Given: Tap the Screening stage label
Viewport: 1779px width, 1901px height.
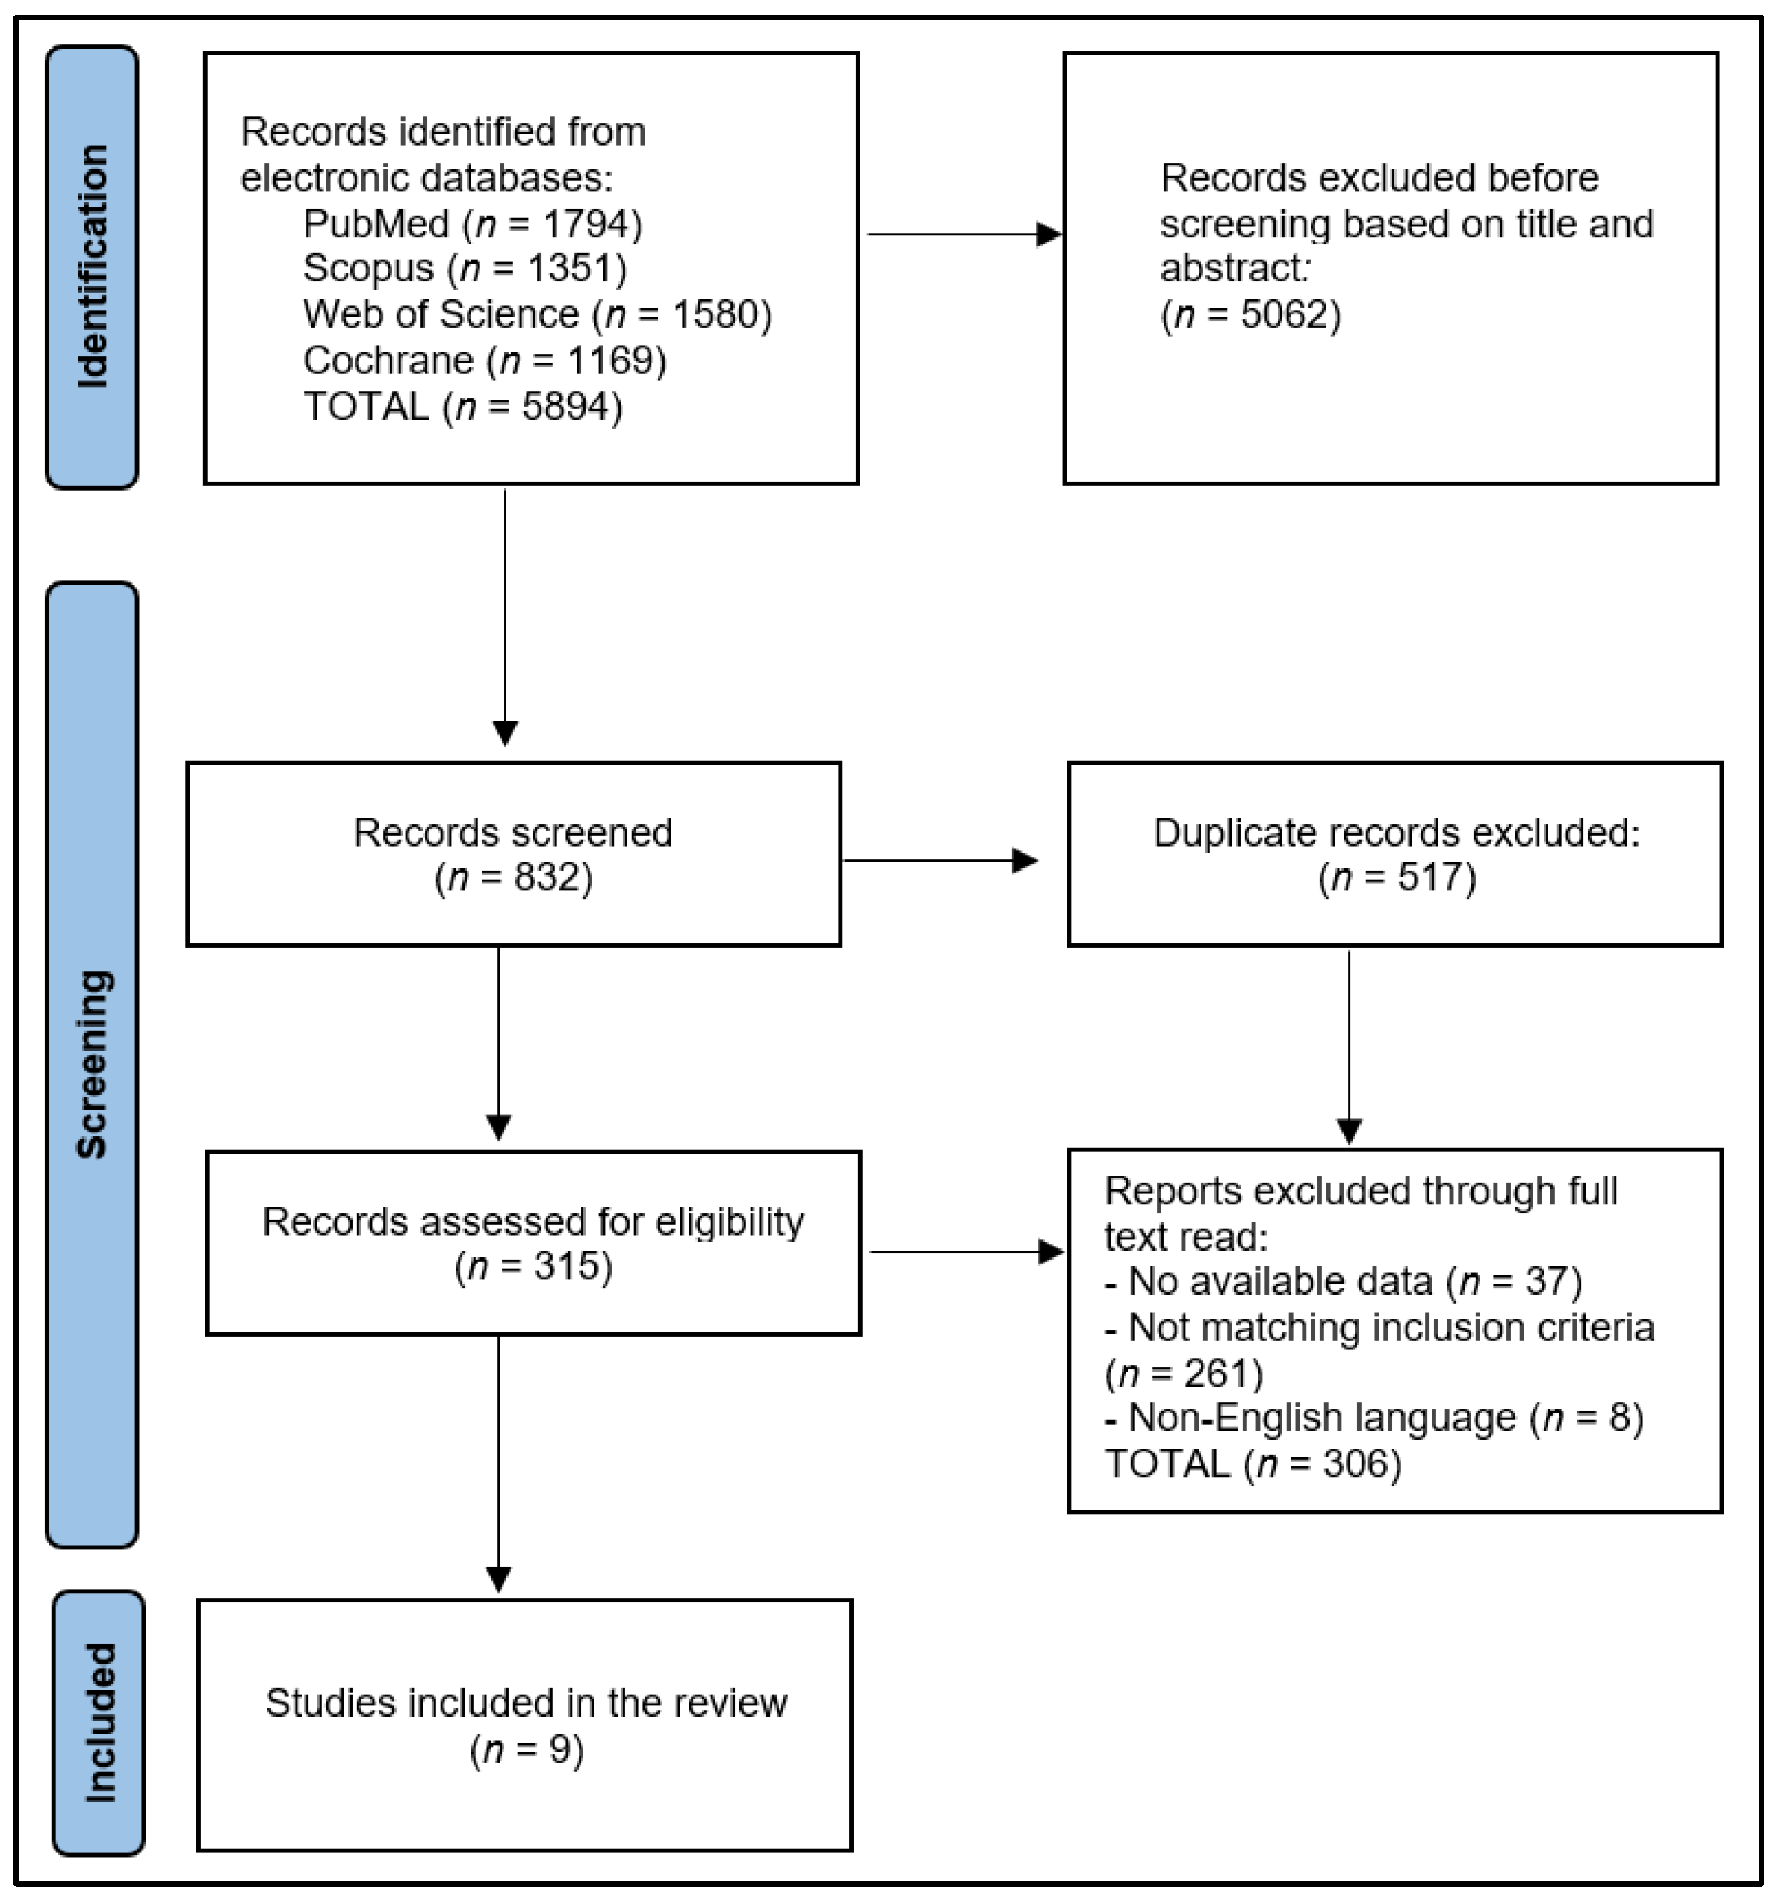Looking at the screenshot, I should pos(93,1063).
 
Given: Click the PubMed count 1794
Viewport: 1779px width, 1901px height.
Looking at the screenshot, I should pos(590,225).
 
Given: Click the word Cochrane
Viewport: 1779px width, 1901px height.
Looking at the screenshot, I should pos(388,361).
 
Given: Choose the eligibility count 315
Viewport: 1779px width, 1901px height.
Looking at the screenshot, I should pos(560,1266).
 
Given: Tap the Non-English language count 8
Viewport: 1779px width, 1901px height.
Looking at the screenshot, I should pos(1618,1417).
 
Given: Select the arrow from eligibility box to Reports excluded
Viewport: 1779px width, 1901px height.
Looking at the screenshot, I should pos(966,1251).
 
